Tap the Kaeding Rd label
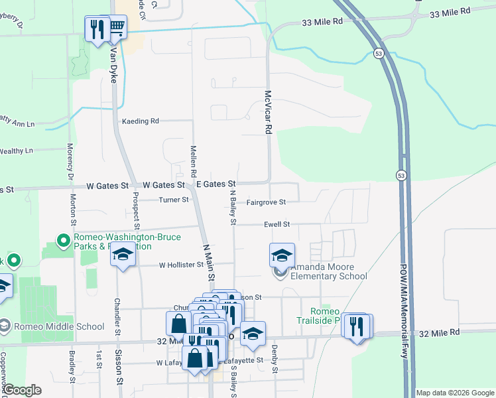(141, 121)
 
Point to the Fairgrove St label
(266, 202)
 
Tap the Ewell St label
(278, 225)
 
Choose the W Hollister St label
(181, 265)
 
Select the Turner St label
(174, 200)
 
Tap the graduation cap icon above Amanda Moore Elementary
(282, 255)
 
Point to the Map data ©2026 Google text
(455, 393)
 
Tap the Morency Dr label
(69, 162)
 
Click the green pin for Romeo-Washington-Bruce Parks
(64, 240)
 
